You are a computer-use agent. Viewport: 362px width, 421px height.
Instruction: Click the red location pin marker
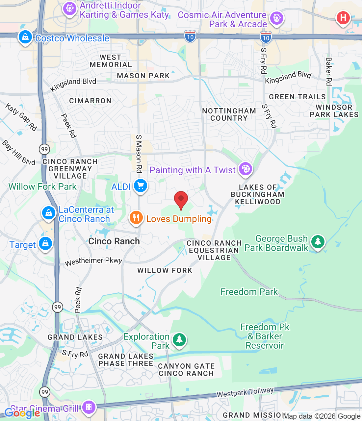(x=181, y=199)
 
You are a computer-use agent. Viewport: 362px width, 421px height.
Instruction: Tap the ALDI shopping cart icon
(x=141, y=186)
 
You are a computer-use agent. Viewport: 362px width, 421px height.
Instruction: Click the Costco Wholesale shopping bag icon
(x=25, y=37)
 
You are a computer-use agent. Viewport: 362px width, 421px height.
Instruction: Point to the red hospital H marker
(x=343, y=17)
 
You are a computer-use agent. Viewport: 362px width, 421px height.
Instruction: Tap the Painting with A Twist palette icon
(x=246, y=169)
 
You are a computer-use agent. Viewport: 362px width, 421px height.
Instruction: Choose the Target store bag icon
(x=45, y=244)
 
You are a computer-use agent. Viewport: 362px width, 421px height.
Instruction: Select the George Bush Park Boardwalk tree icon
(x=318, y=242)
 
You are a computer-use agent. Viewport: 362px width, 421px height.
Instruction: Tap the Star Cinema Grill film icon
(x=89, y=407)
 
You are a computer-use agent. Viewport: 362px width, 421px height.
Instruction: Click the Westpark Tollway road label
(x=245, y=392)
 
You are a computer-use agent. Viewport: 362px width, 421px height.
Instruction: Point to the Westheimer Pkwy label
(x=93, y=261)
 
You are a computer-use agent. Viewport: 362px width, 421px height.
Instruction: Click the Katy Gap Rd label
(x=21, y=117)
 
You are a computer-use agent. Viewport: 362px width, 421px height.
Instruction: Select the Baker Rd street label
(x=328, y=71)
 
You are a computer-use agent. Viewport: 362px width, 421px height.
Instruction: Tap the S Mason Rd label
(x=139, y=154)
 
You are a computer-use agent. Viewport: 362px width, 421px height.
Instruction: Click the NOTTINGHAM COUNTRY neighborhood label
(x=229, y=114)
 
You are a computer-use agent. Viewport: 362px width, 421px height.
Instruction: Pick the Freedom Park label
(x=249, y=292)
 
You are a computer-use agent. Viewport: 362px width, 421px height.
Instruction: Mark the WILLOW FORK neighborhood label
(x=165, y=270)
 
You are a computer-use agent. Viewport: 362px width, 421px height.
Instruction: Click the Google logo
(x=22, y=413)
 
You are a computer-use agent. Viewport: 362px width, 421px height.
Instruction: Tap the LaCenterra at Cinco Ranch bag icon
(x=49, y=213)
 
